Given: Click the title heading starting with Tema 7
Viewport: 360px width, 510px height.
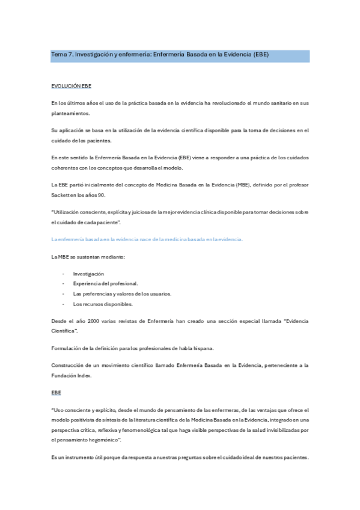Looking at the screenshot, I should [x=160, y=55].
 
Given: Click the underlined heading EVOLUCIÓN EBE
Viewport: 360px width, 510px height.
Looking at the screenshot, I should [x=71, y=87].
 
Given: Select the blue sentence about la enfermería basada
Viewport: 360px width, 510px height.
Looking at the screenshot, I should [x=147, y=239].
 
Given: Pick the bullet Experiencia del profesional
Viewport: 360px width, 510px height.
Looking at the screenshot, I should [x=105, y=283].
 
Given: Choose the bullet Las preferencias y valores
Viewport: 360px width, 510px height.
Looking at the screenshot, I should [x=122, y=293].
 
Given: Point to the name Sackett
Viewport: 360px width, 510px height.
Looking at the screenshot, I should [x=63, y=194].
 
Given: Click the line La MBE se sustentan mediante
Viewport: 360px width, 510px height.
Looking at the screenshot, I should [x=88, y=257].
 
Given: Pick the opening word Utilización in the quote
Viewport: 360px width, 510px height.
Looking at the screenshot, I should [x=67, y=212].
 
